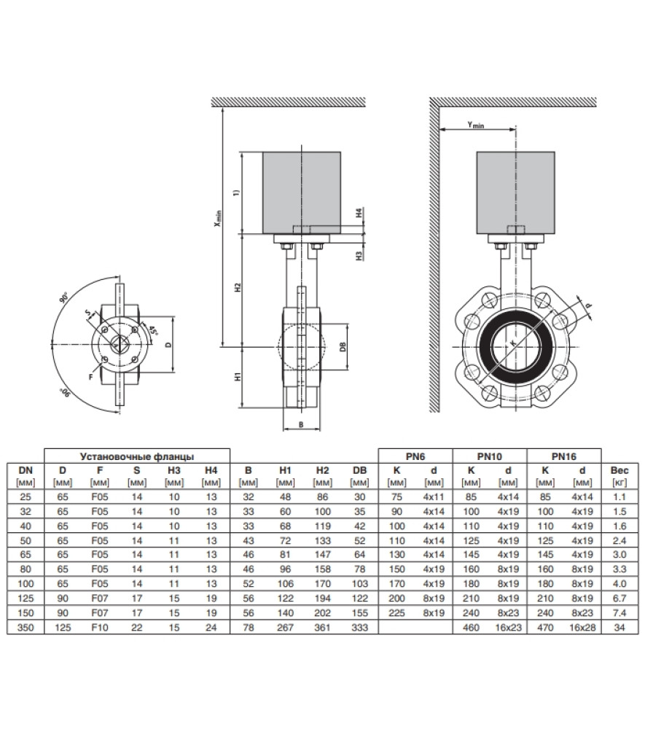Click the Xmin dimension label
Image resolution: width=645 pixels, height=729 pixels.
click(x=218, y=219)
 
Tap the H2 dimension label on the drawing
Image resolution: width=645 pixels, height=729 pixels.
click(x=238, y=287)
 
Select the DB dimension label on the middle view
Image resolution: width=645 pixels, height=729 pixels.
click(x=343, y=346)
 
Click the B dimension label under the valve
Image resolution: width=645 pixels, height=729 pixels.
click(x=301, y=424)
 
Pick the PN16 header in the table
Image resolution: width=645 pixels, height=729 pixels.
click(x=563, y=456)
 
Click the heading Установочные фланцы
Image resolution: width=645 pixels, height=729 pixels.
click(x=136, y=456)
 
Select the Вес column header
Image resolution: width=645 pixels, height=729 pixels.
click(x=619, y=470)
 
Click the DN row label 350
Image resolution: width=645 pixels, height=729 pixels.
click(x=26, y=628)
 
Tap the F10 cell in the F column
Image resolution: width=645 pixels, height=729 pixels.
click(x=100, y=628)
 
